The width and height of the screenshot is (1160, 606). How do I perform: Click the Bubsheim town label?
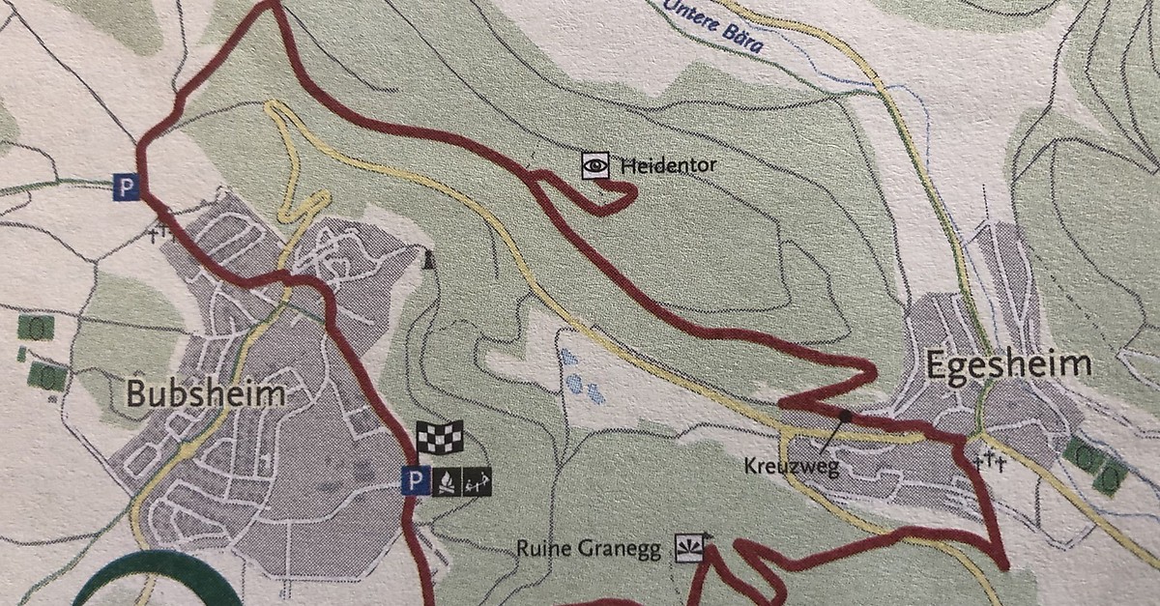206,394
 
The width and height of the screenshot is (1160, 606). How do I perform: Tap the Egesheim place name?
1008,365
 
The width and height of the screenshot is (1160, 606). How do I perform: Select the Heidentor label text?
669,165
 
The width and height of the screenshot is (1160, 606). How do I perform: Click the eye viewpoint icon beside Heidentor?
594,165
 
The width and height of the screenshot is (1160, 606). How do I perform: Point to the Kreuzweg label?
784,466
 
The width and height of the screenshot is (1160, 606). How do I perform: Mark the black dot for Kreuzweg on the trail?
846,416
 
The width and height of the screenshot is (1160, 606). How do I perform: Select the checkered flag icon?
440,437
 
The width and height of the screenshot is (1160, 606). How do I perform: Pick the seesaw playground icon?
478,478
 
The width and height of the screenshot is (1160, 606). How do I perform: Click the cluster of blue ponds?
580,377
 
